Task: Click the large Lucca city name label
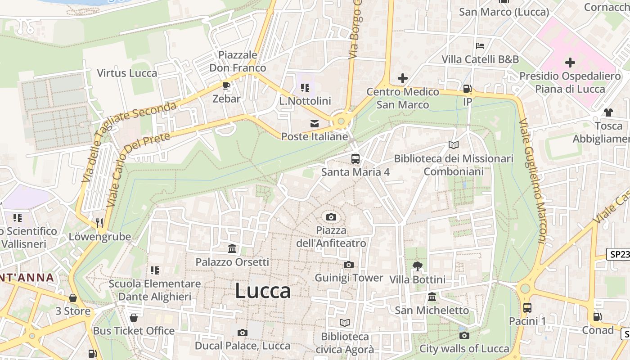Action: [263, 291]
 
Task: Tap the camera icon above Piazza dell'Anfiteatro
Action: [331, 217]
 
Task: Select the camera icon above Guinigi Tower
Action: [348, 265]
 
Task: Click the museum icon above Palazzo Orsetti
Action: [232, 249]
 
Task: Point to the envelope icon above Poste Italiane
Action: [315, 123]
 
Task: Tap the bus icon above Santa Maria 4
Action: [355, 158]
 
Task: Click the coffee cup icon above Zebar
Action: [226, 85]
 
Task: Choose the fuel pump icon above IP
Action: [468, 89]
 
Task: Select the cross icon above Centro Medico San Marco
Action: [402, 79]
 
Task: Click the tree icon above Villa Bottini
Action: [417, 266]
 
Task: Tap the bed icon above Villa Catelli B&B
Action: [480, 46]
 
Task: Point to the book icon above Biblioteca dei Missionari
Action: [454, 145]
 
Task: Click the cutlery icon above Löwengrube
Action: [99, 223]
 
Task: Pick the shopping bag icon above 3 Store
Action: [73, 298]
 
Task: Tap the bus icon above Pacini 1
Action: [527, 308]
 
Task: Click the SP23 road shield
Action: [618, 255]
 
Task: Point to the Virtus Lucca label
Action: [127, 73]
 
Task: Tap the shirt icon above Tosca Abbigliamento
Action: [608, 112]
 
